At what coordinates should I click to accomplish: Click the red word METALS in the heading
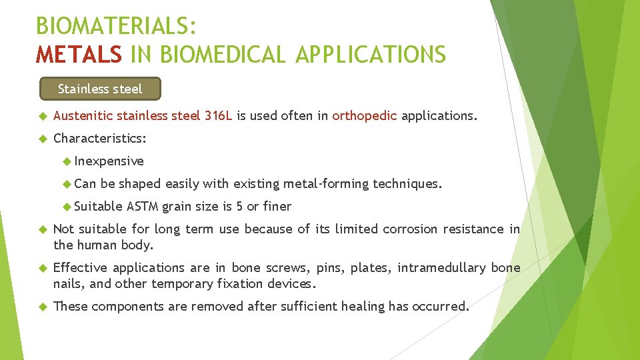coord(79,54)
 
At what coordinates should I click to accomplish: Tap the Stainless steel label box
coord(100,88)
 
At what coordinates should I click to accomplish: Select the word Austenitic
coord(83,116)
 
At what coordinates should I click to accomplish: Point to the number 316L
coord(218,116)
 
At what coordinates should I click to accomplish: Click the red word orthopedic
coord(365,116)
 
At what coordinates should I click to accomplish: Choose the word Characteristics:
coord(100,139)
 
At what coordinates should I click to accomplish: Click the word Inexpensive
coord(109,161)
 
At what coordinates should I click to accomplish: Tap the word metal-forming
coord(326,183)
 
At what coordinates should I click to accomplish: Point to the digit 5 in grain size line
coord(240,206)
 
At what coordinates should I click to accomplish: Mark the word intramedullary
coord(442,268)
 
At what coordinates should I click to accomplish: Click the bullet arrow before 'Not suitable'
coord(41,229)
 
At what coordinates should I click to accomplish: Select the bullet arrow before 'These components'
coord(41,307)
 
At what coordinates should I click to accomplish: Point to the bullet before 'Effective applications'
coord(41,268)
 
